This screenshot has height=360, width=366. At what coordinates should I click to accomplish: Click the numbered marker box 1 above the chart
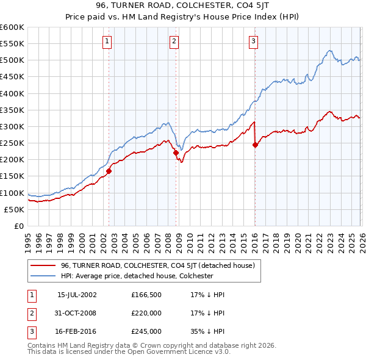[x=107, y=41]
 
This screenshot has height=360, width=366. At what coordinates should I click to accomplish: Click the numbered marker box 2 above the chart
[x=174, y=41]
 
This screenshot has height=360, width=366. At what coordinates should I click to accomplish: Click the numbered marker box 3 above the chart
[x=253, y=41]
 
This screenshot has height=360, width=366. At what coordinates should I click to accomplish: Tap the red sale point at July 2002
[x=109, y=171]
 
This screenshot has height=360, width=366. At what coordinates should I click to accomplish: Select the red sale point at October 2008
[x=176, y=153]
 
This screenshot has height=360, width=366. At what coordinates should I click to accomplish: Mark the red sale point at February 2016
[x=255, y=145]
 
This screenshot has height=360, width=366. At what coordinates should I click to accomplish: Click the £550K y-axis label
[x=12, y=44]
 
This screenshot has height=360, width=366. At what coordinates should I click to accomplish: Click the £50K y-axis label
[x=14, y=209]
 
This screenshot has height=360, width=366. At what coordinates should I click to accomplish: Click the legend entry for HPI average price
[x=137, y=276]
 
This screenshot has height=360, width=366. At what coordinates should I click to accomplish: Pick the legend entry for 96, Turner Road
[x=161, y=265]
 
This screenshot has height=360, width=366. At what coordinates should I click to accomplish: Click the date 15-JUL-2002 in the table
[x=77, y=295]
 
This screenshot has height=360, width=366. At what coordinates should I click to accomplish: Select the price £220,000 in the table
[x=146, y=313]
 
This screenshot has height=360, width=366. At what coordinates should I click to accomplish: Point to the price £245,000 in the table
[x=146, y=332]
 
